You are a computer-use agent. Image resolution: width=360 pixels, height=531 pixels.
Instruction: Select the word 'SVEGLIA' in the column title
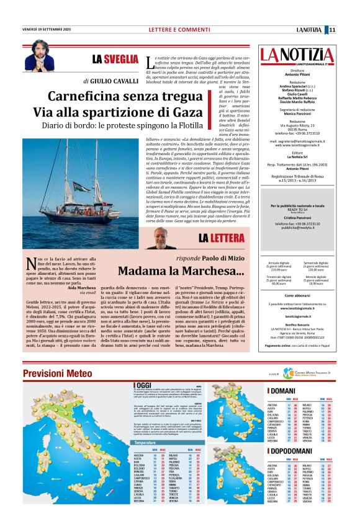pyautogui.click(x=121, y=59)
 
